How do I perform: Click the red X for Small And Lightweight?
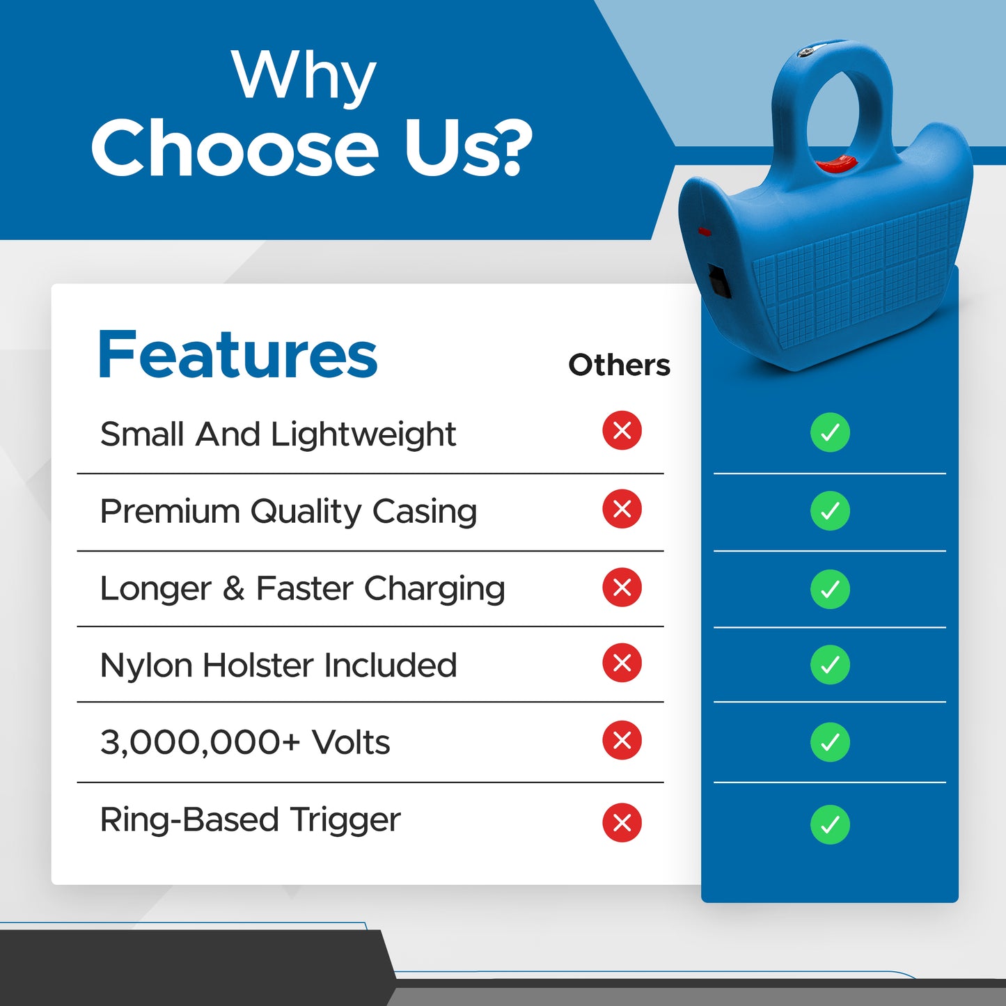(x=622, y=431)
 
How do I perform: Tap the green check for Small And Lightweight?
(x=830, y=432)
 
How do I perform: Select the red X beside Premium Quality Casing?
(x=622, y=508)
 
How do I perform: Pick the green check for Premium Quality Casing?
(x=830, y=510)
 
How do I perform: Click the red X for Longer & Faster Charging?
(x=622, y=588)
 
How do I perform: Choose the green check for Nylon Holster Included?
(x=830, y=665)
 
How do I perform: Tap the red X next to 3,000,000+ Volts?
(x=622, y=740)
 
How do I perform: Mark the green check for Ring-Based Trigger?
(x=830, y=825)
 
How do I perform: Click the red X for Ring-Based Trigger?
(x=622, y=823)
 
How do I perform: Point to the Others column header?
(x=619, y=365)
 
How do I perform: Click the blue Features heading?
(x=237, y=354)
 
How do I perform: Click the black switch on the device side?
(x=720, y=282)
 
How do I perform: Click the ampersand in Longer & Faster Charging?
(x=233, y=588)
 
